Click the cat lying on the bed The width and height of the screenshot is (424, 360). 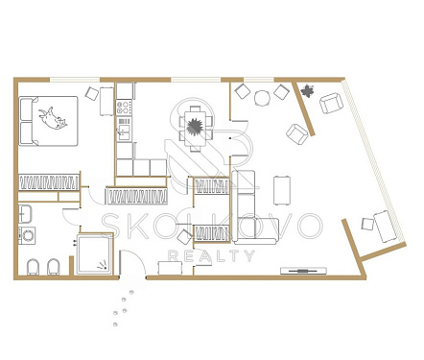point(53,119)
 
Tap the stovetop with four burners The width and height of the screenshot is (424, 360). point(124,108)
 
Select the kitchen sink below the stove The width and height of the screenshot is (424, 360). point(124,132)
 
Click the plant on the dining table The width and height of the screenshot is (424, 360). point(194,127)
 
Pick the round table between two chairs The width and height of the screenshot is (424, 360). point(262,98)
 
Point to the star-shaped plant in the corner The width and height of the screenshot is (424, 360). point(307,91)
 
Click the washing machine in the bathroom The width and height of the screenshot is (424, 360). point(27,235)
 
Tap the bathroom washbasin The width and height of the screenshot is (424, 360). point(25,214)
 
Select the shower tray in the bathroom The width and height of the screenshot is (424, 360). point(95,254)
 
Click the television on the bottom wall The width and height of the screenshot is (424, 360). point(303,271)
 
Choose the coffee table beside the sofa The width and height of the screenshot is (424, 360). point(282,190)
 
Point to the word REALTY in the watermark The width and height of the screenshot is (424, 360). point(211,255)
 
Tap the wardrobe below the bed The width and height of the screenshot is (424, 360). point(49,182)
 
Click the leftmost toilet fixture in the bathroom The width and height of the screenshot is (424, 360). point(33,267)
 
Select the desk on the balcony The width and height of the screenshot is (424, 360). point(386,227)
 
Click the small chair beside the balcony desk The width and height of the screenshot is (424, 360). point(367,224)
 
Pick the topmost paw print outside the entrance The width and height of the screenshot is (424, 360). point(131,292)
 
